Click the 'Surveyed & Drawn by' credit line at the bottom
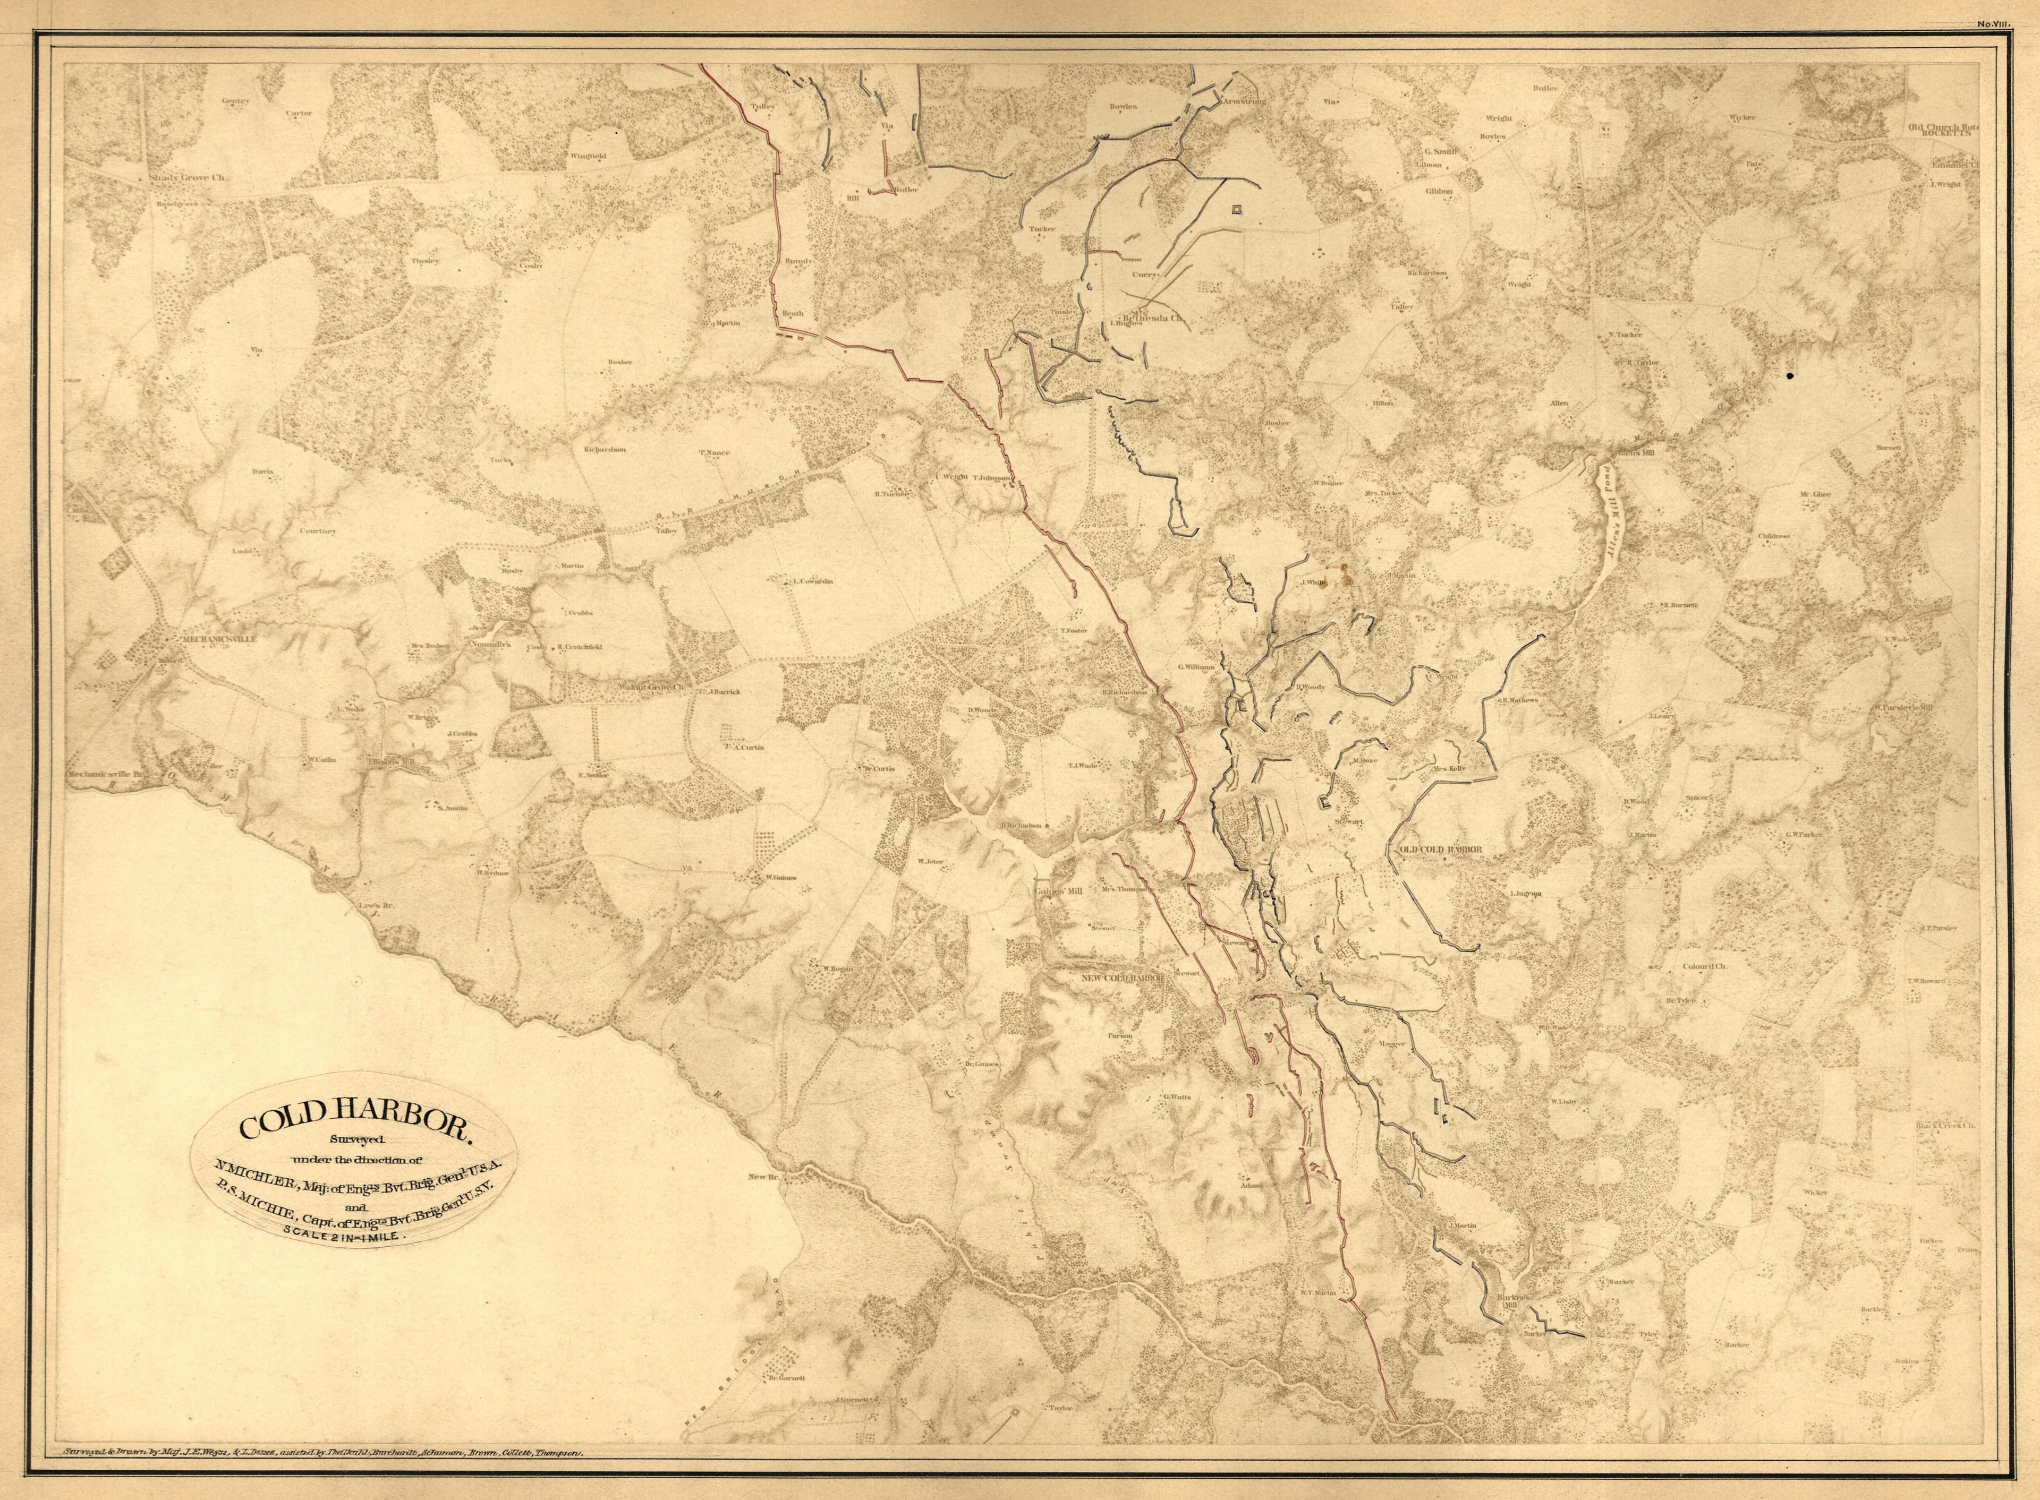pos(327,1452)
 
